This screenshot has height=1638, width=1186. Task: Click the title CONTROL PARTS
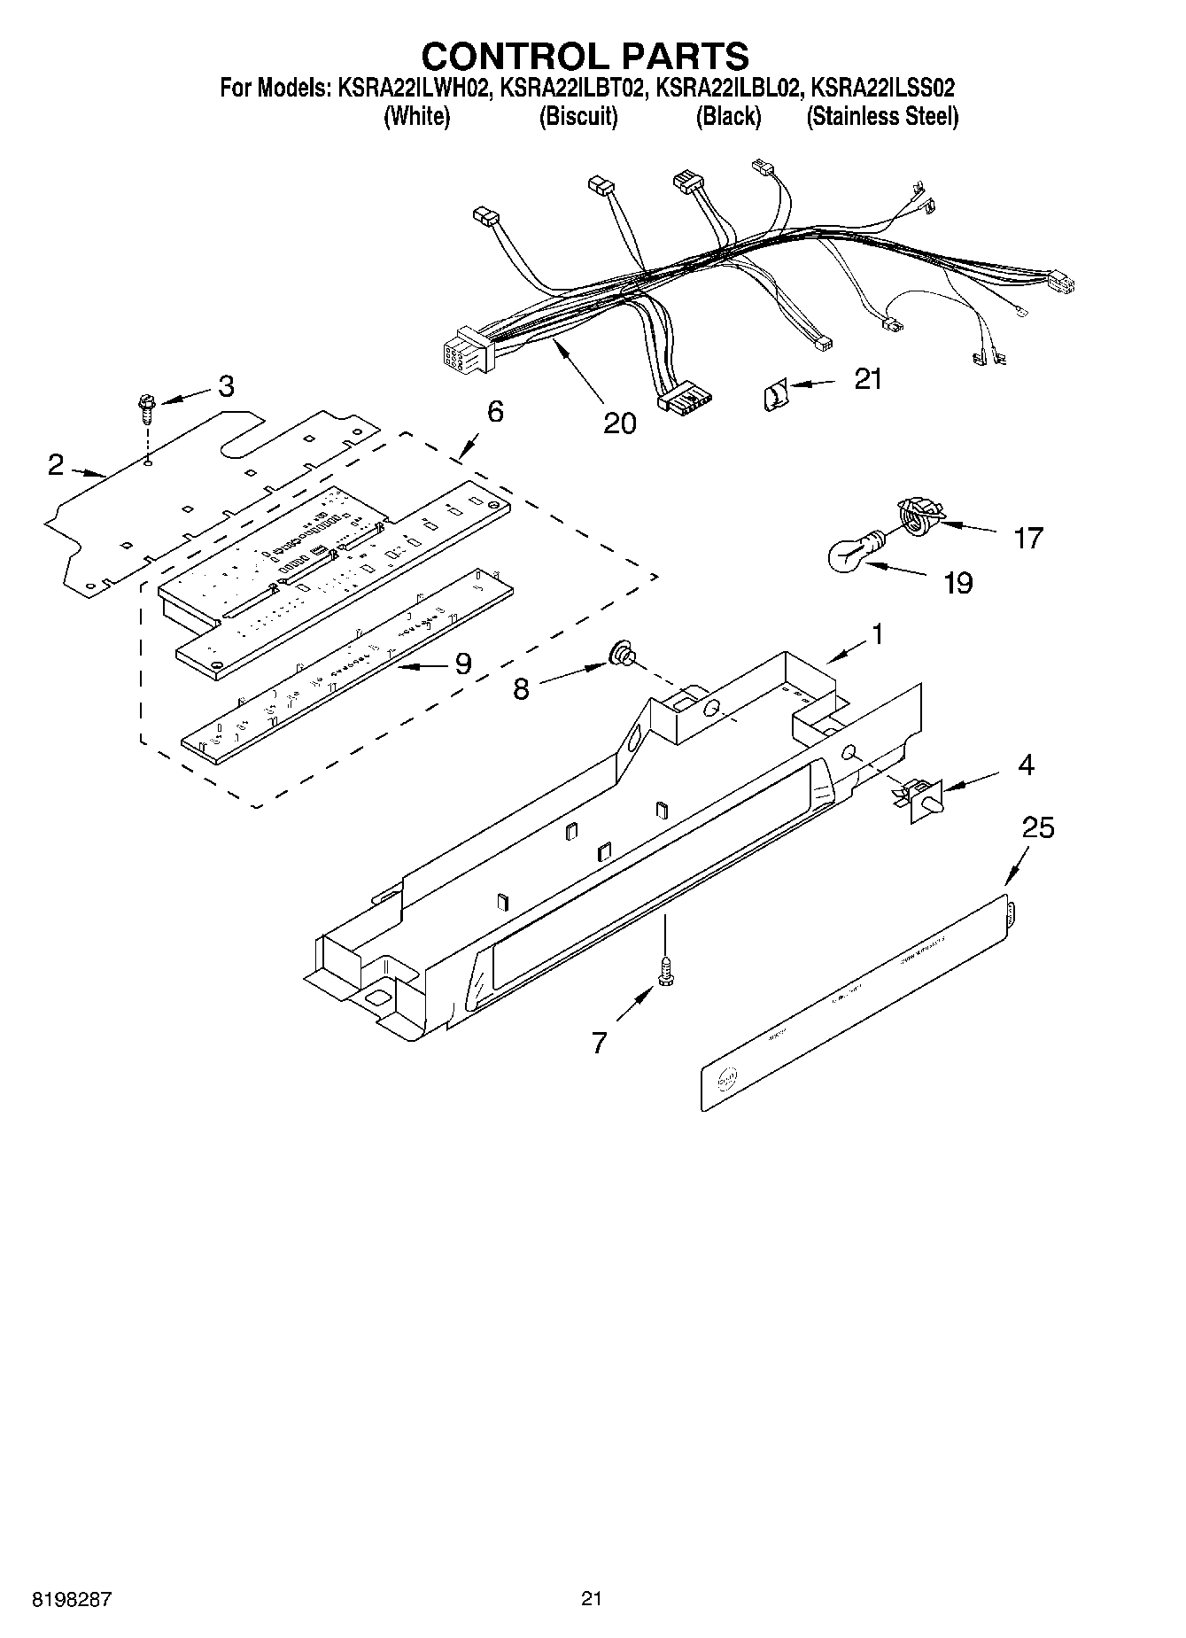click(x=585, y=55)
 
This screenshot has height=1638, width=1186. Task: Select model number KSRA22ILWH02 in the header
click(x=412, y=89)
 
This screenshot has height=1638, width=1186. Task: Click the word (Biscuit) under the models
click(x=577, y=116)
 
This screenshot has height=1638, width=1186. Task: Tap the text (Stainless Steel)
click(x=881, y=116)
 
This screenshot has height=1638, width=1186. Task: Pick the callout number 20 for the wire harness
click(x=619, y=423)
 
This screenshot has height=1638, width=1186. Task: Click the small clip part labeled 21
click(x=773, y=392)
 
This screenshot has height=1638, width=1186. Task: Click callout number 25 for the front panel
click(x=1038, y=827)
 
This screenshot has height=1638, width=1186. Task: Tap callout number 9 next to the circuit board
click(x=462, y=663)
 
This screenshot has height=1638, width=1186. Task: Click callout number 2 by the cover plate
click(x=57, y=464)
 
